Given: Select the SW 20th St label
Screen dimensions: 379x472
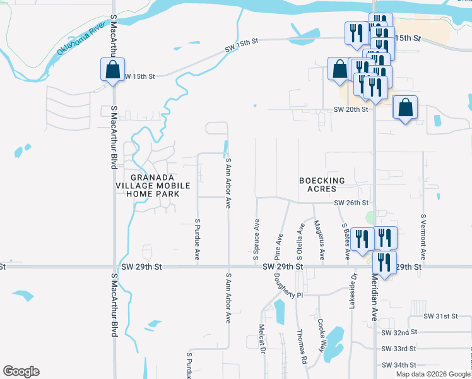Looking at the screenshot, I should [x=350, y=109].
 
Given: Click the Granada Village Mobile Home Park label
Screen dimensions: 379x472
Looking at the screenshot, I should [x=148, y=185].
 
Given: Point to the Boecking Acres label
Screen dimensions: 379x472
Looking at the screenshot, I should [x=322, y=185].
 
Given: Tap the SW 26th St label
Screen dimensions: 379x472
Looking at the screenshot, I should [x=350, y=203].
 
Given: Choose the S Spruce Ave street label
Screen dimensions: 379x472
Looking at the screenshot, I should [x=257, y=241].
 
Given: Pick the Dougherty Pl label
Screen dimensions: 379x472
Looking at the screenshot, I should [x=289, y=288].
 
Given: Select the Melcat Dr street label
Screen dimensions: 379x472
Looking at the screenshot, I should [x=261, y=339].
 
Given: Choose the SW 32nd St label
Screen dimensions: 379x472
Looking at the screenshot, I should [x=399, y=332].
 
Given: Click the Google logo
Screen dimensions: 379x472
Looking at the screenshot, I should [x=21, y=371].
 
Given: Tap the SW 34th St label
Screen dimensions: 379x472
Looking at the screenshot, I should [x=399, y=364].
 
